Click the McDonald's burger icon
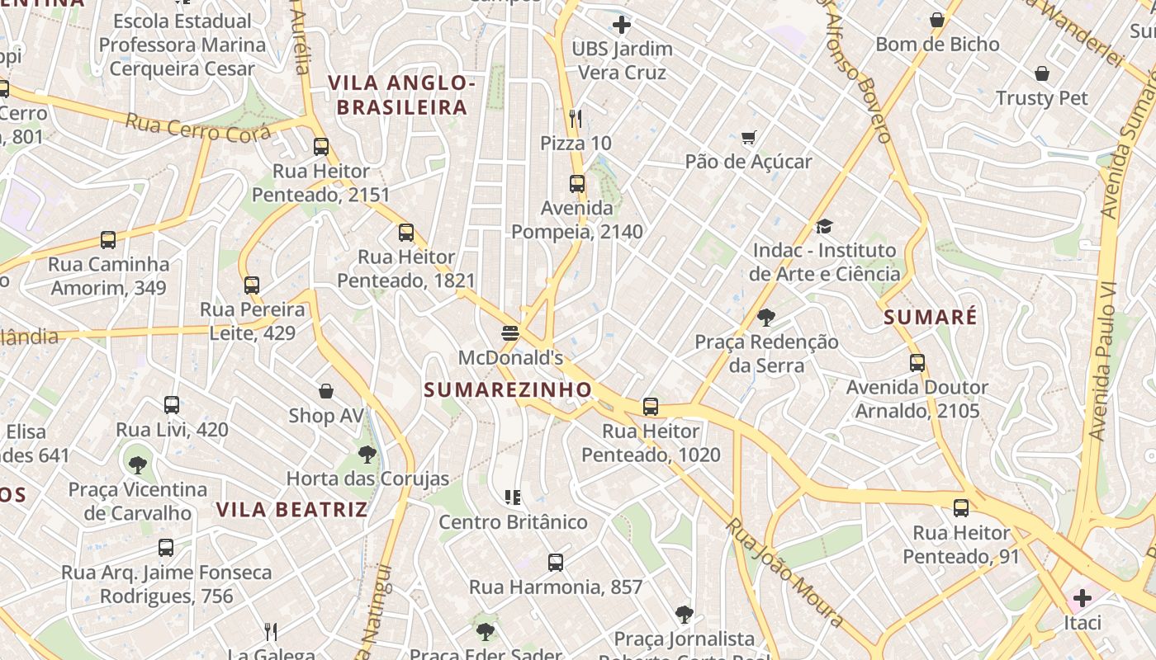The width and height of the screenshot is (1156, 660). click(510, 333)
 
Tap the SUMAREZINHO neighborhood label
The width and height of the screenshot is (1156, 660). click(508, 389)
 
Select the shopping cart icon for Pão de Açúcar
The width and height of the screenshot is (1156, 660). click(748, 137)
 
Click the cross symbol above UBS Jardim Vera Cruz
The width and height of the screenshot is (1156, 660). click(622, 25)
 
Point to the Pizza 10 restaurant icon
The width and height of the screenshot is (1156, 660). click(576, 119)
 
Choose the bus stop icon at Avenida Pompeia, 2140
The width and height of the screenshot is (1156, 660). click(576, 184)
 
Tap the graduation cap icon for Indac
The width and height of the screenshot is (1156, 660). click(824, 226)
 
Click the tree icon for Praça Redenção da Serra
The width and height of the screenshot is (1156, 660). click(766, 318)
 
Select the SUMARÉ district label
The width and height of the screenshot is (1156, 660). click(930, 317)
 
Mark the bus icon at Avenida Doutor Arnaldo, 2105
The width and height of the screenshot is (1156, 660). click(917, 363)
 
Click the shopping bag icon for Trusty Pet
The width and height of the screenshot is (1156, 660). click(1042, 74)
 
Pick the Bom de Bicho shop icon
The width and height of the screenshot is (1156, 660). click(937, 20)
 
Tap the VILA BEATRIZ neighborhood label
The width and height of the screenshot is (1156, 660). click(291, 510)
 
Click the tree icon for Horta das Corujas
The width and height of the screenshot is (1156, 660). click(367, 454)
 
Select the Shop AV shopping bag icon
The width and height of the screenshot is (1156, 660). click(326, 391)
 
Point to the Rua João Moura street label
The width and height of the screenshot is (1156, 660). click(784, 573)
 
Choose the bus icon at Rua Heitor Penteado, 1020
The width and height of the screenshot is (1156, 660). click(651, 407)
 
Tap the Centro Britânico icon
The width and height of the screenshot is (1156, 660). click(513, 497)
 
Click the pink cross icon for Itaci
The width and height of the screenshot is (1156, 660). click(1082, 598)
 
